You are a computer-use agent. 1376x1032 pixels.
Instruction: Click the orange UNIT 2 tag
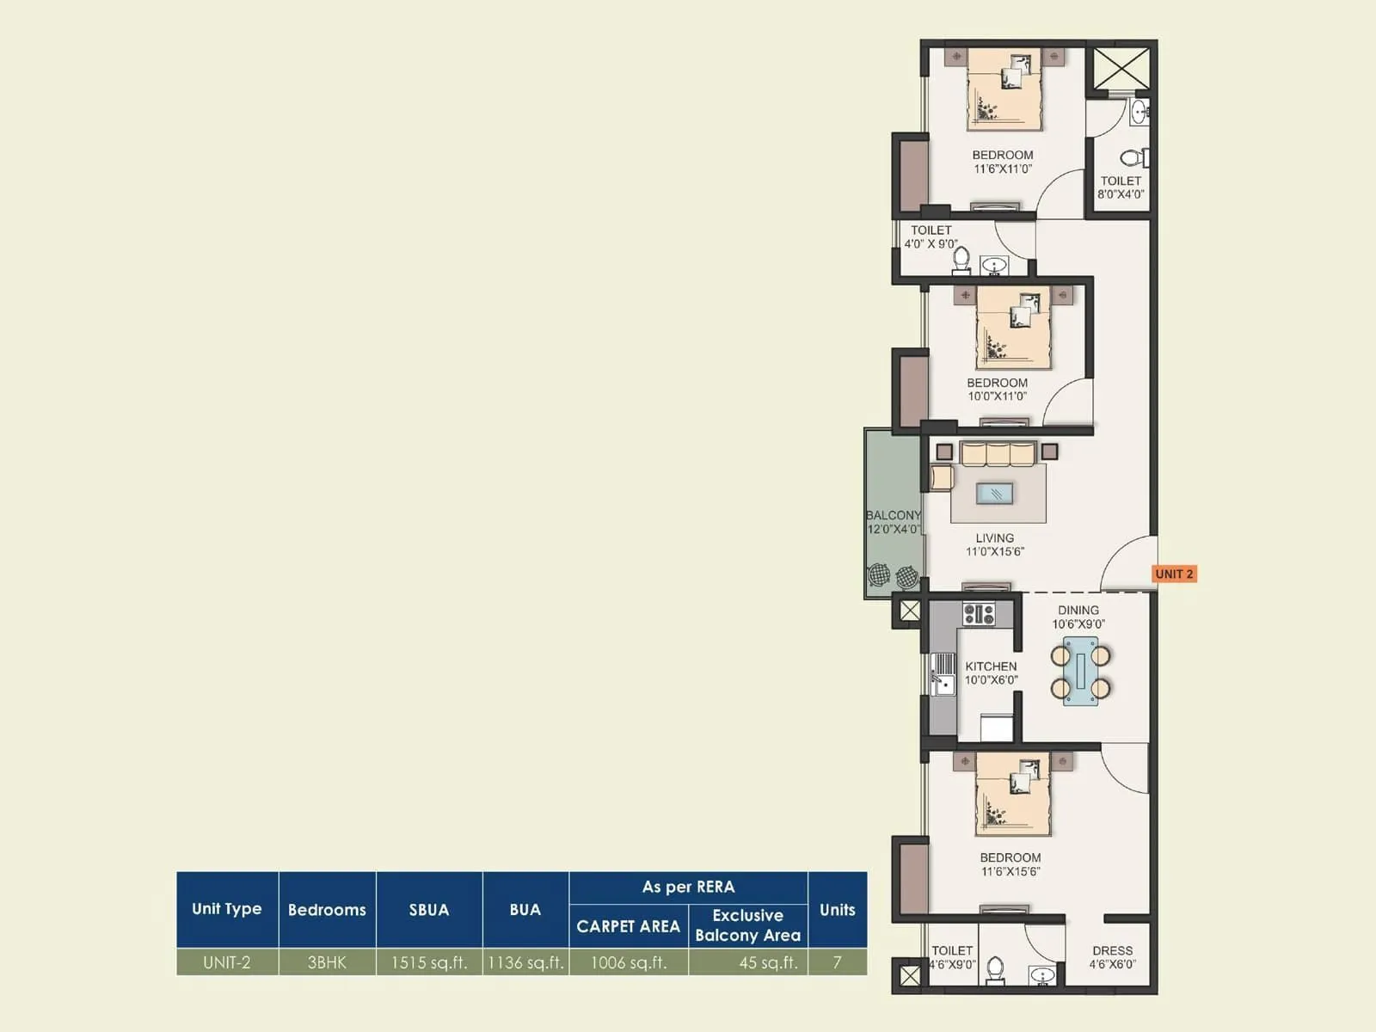coord(1174,574)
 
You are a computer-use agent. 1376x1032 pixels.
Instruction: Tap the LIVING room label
coord(994,544)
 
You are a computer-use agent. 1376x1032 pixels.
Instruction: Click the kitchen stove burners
coord(979,614)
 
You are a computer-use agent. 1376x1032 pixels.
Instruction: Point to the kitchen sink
coord(943,684)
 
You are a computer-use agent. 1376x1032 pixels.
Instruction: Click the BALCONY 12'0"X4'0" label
coord(893,522)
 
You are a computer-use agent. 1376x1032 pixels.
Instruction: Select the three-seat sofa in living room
coord(998,454)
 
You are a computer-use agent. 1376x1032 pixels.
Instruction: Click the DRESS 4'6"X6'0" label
coord(1112,957)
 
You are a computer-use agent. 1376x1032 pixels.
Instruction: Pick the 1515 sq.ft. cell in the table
coord(429,962)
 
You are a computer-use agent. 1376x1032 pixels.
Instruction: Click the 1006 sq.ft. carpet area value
coord(629,962)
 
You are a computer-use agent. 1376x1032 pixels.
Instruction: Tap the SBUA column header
coord(429,909)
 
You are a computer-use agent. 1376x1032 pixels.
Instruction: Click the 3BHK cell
coord(327,962)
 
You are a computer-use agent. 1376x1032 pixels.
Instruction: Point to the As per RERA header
coord(688,887)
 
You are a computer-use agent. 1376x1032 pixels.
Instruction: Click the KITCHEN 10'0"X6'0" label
coord(991,673)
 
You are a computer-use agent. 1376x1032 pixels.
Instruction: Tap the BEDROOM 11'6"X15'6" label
coord(1010,864)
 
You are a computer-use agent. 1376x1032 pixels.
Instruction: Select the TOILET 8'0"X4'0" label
coord(1121,187)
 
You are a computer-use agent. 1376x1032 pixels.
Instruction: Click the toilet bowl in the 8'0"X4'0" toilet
coord(1133,157)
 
